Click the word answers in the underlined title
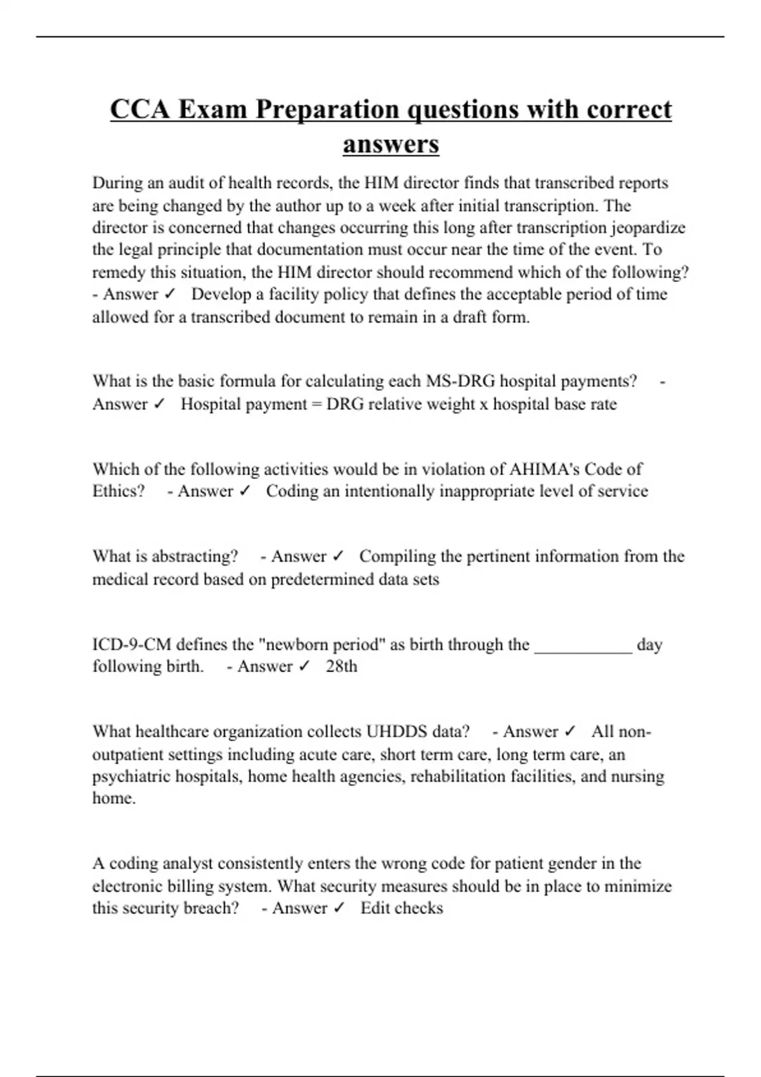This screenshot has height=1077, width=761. pos(391,144)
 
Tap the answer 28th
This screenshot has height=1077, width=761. pos(341,666)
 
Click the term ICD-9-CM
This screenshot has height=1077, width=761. pos(131,645)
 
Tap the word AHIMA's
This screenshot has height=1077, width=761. pos(544,469)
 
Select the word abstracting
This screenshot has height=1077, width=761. pos(195,557)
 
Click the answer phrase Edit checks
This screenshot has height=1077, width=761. pos(401,908)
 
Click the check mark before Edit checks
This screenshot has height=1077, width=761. pos(337,908)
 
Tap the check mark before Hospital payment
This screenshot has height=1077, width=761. pos(159,404)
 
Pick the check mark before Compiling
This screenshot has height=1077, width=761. pos(337,557)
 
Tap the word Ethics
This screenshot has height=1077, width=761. pos(117,492)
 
